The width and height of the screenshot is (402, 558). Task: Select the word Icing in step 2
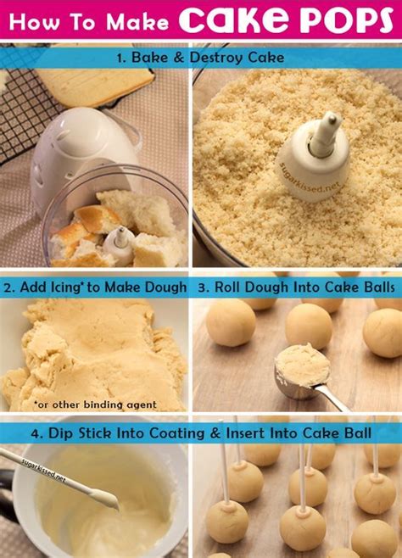(x=63, y=287)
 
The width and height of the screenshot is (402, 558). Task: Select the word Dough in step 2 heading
(x=161, y=287)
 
